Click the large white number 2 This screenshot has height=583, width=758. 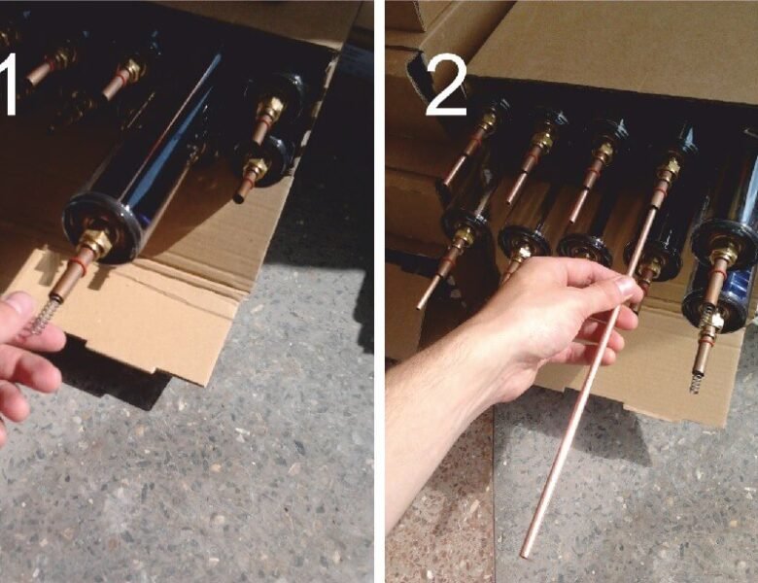pos(446,87)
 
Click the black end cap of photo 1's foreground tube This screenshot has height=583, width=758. pos(102,227)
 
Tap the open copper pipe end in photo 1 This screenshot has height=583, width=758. pos(240,197)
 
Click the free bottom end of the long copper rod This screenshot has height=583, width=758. pos(525,554)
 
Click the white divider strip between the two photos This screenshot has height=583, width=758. pos(379,291)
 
